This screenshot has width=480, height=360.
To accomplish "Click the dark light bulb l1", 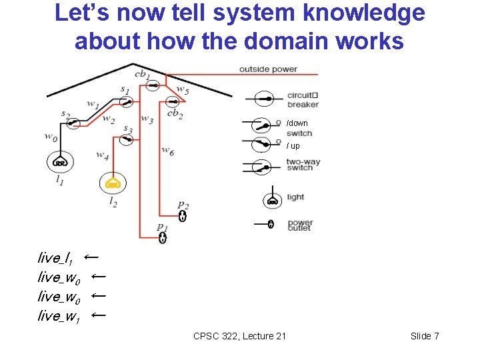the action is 60,161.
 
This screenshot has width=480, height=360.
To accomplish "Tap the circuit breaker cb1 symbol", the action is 153,85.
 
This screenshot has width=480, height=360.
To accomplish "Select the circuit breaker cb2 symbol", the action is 173,102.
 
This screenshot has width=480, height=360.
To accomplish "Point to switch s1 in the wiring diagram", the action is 126,101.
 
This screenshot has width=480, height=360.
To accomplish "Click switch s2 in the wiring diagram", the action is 75,123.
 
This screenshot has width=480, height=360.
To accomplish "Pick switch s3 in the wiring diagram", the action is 126,140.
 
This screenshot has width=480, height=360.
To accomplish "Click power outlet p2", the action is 183,215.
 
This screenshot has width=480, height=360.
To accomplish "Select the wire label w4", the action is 102,155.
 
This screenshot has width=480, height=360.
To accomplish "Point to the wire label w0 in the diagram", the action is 51,137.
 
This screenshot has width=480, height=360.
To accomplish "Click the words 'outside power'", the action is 268,69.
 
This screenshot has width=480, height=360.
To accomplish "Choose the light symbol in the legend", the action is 271,200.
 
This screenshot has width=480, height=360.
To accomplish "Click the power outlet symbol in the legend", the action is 270,224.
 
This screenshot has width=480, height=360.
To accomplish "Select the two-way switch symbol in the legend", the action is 261,165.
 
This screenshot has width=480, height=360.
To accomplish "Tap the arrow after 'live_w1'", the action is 98,314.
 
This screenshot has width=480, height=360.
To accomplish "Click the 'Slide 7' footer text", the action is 425,336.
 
